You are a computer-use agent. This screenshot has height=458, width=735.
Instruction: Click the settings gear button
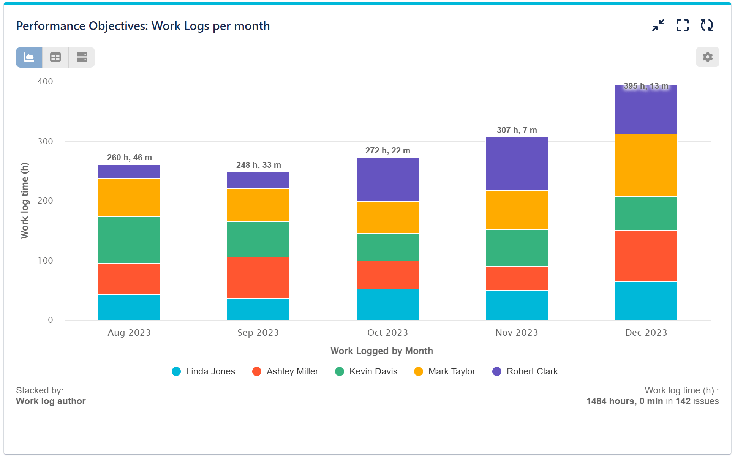[707, 57]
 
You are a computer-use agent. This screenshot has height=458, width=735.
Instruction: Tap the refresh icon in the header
[707, 25]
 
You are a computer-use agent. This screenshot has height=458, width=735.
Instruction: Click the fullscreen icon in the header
[682, 25]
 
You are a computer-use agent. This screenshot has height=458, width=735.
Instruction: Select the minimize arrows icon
[658, 25]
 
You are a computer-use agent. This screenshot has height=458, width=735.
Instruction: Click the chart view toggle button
[29, 57]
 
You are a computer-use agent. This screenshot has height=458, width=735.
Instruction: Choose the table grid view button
[55, 57]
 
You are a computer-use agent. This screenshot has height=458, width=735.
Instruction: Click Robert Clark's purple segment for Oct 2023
[387, 180]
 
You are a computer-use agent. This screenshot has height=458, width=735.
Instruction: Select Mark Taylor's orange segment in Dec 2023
[646, 165]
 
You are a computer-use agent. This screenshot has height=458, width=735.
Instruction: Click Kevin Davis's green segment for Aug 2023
[129, 240]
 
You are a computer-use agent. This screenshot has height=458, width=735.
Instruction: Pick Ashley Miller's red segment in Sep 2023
[258, 278]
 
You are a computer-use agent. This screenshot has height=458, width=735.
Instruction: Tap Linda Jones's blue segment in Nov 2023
[517, 305]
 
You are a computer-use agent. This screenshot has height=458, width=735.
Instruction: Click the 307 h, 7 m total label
[517, 130]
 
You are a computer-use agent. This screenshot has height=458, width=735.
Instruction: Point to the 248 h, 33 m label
[258, 165]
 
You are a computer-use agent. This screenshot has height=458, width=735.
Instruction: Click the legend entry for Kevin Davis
[366, 371]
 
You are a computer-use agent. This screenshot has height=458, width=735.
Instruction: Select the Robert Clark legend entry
[525, 371]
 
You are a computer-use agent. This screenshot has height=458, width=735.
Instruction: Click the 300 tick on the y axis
[45, 142]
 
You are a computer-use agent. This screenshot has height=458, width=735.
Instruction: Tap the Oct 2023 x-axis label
[387, 333]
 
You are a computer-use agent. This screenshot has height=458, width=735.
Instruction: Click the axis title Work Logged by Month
[381, 351]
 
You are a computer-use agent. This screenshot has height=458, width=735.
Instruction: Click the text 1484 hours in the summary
[610, 401]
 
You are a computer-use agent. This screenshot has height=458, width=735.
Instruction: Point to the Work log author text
[51, 401]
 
